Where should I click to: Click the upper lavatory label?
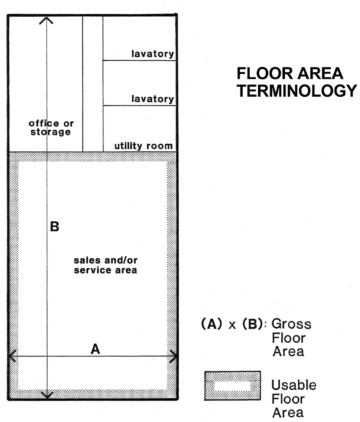(x=153, y=54)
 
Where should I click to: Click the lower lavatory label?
(x=153, y=99)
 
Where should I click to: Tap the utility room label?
(x=143, y=146)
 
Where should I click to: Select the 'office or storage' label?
(x=51, y=127)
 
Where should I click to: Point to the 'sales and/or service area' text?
(x=105, y=265)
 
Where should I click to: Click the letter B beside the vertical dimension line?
(x=55, y=227)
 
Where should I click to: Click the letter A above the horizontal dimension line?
(x=95, y=349)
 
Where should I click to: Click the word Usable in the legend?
(x=294, y=385)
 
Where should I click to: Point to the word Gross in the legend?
(x=291, y=324)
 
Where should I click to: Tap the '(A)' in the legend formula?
(x=211, y=324)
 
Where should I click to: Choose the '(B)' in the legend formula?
(x=253, y=324)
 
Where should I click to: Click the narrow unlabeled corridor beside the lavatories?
(x=93, y=84)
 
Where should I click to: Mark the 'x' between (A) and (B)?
(x=232, y=325)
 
